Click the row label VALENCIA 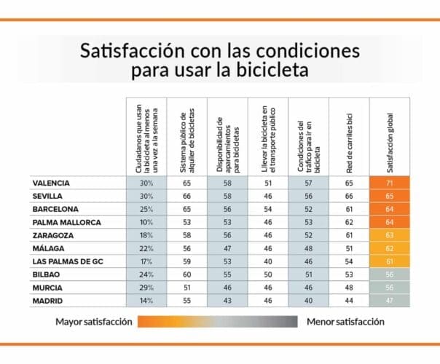pyautogui.click(x=55, y=183)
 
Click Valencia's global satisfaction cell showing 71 pyautogui.click(x=390, y=183)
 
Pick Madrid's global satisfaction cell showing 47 pyautogui.click(x=390, y=301)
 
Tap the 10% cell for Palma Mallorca pyautogui.click(x=146, y=222)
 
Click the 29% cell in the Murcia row pyautogui.click(x=146, y=288)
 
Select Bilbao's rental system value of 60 pyautogui.click(x=186, y=274)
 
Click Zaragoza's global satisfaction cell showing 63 pyautogui.click(x=390, y=235)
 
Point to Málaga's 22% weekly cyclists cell pyautogui.click(x=146, y=248)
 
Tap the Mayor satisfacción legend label pyautogui.click(x=94, y=321)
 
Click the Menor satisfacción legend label pyautogui.click(x=345, y=321)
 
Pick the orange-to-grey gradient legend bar pyautogui.click(x=219, y=321)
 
